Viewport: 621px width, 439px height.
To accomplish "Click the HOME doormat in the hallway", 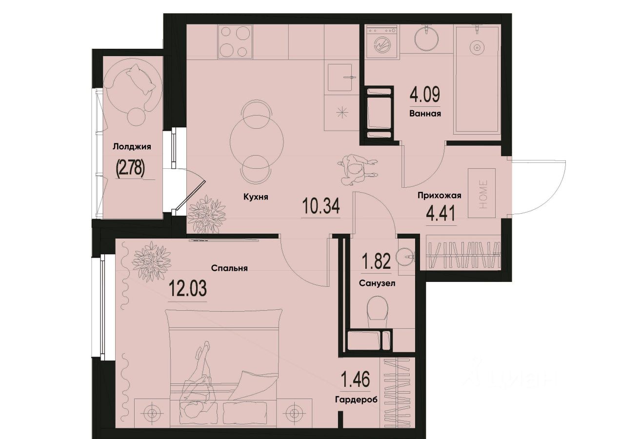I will click(x=482, y=193).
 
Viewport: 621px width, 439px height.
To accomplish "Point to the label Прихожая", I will click(x=439, y=196).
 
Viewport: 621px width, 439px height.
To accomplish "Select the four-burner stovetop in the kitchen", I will click(x=235, y=42).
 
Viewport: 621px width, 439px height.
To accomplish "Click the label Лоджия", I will click(x=132, y=146).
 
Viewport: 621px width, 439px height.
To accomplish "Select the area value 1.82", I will click(x=376, y=262).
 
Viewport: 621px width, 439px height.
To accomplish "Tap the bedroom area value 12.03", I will click(x=188, y=289).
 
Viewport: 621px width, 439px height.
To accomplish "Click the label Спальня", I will click(x=230, y=268).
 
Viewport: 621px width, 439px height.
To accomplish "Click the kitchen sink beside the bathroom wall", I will click(x=341, y=77).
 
